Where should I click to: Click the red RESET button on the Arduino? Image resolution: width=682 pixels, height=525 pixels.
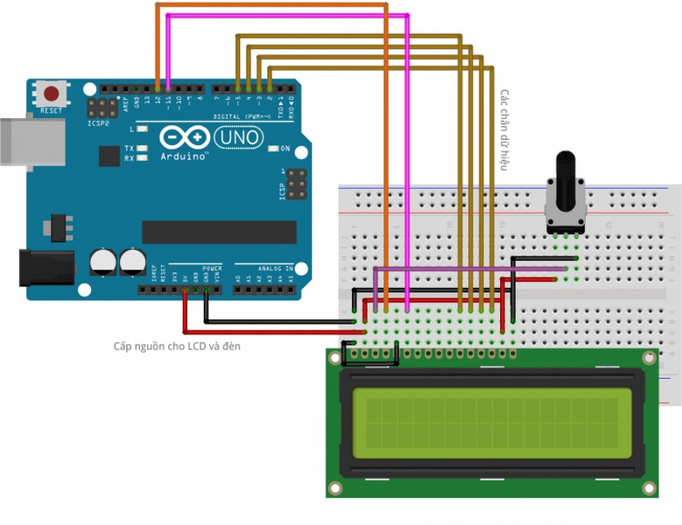(x=52, y=94)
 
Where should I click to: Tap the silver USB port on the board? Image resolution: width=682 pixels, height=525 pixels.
(x=31, y=141)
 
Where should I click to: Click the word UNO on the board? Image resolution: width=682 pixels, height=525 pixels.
(x=238, y=137)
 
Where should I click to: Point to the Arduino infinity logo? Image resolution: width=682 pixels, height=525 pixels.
(x=184, y=137)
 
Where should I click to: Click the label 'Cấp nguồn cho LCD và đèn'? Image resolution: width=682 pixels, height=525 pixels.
(x=177, y=346)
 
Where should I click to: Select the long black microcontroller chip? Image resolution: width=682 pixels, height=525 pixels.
(x=219, y=232)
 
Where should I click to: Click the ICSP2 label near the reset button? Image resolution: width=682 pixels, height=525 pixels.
(x=99, y=123)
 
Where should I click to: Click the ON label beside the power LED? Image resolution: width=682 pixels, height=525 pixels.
(x=285, y=149)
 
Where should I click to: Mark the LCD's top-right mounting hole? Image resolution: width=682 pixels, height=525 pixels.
(x=648, y=359)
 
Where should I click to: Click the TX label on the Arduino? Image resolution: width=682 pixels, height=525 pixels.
(x=129, y=149)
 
